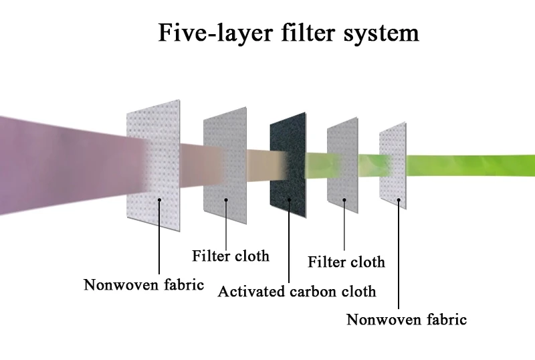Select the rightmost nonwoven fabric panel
pos(393,164)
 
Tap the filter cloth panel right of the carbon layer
pos(342,164)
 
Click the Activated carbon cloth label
pos(297,292)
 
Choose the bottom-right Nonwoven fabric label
pos(407,319)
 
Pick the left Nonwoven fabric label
pos(144,285)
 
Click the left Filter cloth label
pos(231,256)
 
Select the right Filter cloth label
pos(346,262)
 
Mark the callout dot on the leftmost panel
pos(159,199)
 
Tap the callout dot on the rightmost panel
pos(400,199)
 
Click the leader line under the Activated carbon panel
pos(290,241)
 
